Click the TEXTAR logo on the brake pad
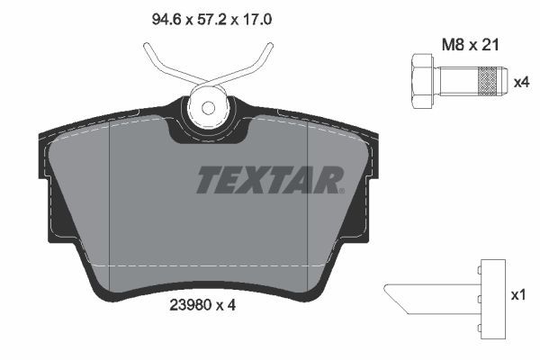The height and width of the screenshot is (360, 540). click(268, 180)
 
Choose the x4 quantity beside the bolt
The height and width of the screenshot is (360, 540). click(521, 82)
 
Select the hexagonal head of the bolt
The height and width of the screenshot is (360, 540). click(421, 81)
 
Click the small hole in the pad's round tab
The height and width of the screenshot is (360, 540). click(208, 107)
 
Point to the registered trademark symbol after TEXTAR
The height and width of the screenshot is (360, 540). click(339, 190)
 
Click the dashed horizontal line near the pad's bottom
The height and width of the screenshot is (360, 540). click(207, 266)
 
